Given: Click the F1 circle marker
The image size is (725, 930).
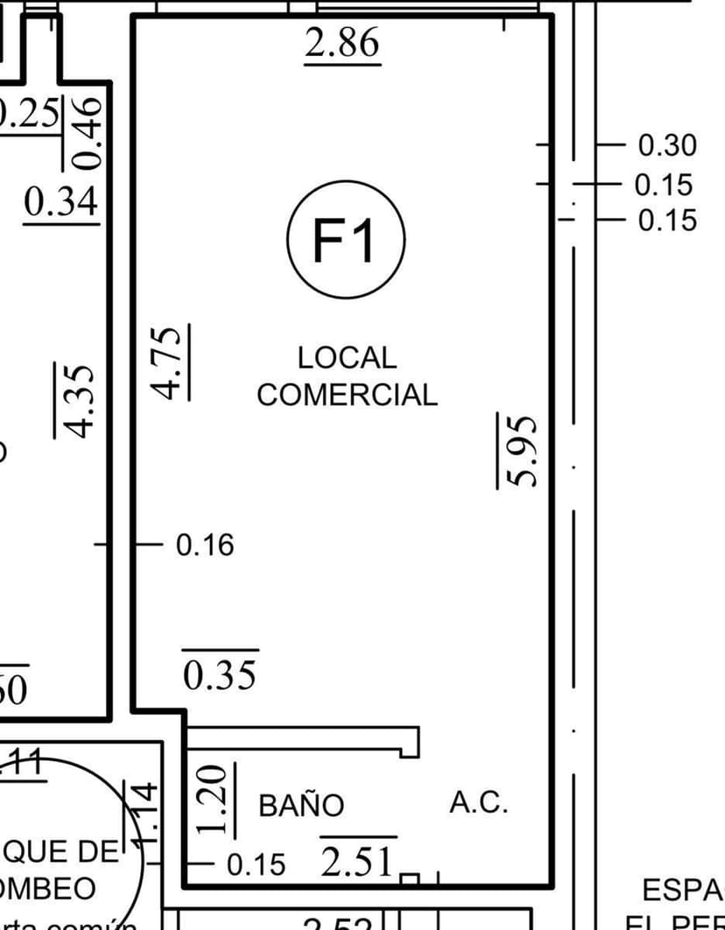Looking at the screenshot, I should (x=345, y=239).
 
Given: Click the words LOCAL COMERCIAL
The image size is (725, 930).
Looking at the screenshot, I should (x=347, y=377).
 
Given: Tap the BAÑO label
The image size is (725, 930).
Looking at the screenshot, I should (x=301, y=805).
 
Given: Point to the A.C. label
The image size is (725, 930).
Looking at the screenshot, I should (x=478, y=802).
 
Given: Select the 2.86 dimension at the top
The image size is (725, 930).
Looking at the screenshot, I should (x=342, y=44).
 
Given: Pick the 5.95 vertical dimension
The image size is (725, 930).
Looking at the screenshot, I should (x=517, y=450).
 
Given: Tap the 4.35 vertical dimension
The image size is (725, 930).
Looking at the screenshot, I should (x=75, y=400).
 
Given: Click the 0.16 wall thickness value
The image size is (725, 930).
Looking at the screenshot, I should (x=205, y=546).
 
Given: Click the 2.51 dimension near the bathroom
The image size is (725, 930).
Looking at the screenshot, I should (x=357, y=862).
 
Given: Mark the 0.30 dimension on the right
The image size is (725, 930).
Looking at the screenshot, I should (x=666, y=145).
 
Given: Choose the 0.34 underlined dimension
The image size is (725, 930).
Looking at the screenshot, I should (x=61, y=203).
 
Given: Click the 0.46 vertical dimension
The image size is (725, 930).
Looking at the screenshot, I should (x=88, y=132).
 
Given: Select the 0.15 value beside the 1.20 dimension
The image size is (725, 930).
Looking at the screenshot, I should (x=256, y=865).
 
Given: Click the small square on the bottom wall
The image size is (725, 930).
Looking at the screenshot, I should (x=410, y=878).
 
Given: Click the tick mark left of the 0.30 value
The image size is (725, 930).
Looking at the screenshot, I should (x=543, y=143).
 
